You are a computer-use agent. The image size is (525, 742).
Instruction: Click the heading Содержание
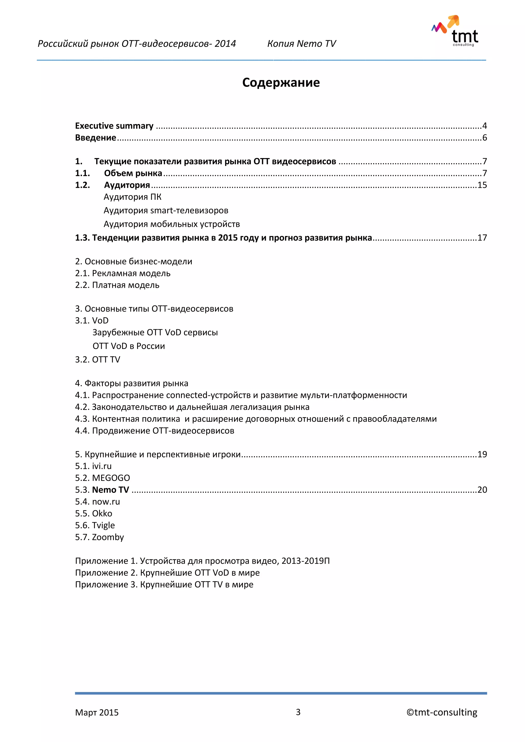(x=281, y=83)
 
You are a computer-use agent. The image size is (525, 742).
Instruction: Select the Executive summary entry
(x=114, y=126)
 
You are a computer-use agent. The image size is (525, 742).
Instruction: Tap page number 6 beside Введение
(x=484, y=138)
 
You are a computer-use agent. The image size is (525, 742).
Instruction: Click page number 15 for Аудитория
(x=482, y=185)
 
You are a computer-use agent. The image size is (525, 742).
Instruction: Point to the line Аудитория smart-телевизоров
(x=166, y=210)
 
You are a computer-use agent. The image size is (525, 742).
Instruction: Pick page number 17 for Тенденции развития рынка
(x=482, y=238)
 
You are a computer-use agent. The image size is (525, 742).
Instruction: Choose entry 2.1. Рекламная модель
(x=123, y=273)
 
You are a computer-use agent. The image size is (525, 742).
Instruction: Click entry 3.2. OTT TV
(x=97, y=360)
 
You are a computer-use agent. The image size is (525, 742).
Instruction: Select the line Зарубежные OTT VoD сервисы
(x=155, y=333)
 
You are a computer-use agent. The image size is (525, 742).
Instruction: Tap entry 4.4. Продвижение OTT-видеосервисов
(x=155, y=431)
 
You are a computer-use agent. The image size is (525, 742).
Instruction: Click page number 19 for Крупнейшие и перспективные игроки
(x=482, y=454)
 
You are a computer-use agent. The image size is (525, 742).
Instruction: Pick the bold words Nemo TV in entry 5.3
(x=110, y=490)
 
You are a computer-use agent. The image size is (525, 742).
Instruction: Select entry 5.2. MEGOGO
(x=103, y=478)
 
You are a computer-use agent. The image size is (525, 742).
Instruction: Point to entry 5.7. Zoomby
(x=99, y=537)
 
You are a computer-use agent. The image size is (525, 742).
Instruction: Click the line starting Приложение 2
(x=167, y=573)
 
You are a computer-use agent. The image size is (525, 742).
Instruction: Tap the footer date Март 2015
(x=97, y=713)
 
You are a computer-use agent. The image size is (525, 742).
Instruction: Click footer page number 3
(x=298, y=712)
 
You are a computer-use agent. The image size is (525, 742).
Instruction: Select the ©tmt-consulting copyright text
(x=442, y=713)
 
